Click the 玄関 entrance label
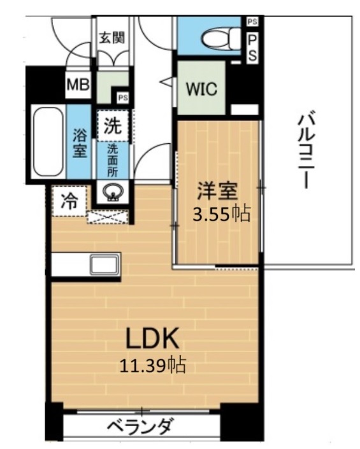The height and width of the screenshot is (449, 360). (112, 37)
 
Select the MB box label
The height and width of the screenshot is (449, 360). (79, 85)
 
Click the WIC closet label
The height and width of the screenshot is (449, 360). (201, 88)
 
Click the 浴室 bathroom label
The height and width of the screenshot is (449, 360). (79, 143)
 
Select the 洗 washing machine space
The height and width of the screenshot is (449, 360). (112, 126)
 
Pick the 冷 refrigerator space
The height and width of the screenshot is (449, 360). (68, 202)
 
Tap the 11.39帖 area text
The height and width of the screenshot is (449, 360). (152, 365)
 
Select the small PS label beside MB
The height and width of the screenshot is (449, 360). (122, 97)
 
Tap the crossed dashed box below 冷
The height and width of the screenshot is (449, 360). (107, 217)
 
